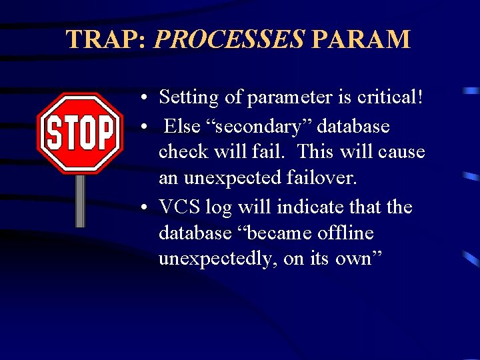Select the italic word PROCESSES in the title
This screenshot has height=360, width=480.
pos(229,40)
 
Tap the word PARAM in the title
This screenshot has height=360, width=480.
pos(361,40)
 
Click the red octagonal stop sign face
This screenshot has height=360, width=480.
pos(80,133)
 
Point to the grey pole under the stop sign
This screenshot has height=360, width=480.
pos(80,200)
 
